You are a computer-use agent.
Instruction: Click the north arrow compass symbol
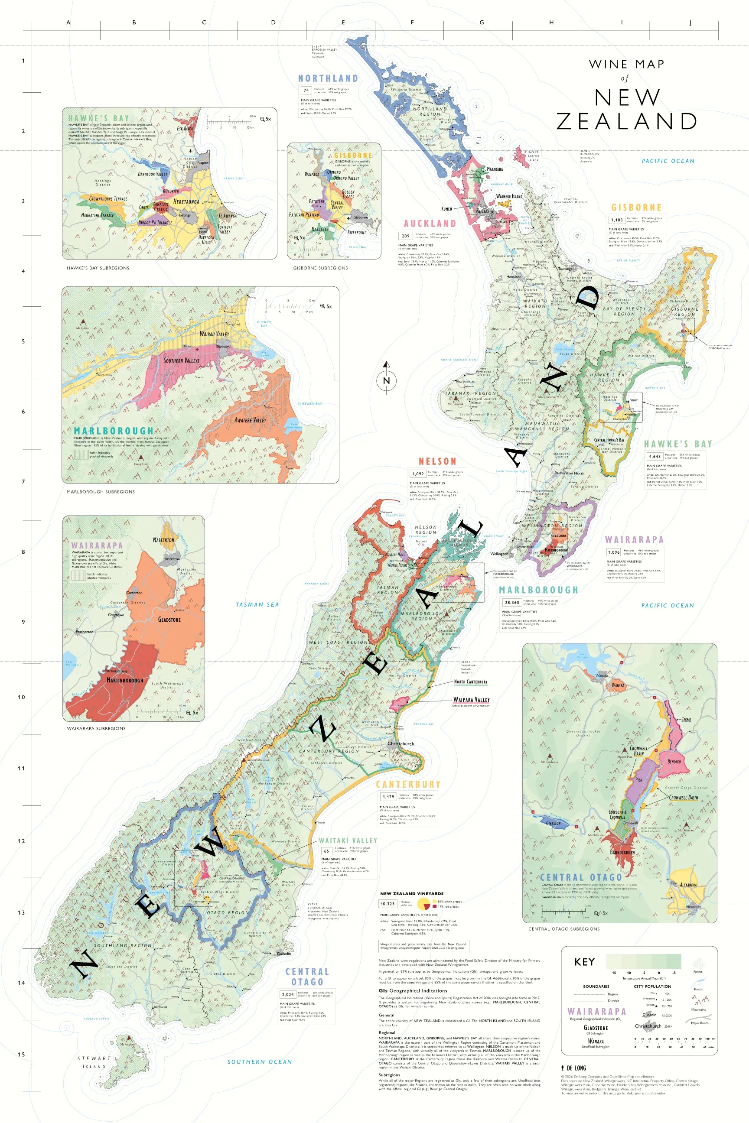click(387, 380)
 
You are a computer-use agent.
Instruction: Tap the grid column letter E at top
click(343, 23)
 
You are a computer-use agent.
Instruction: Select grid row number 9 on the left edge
click(23, 622)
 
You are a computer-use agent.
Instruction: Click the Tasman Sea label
click(257, 604)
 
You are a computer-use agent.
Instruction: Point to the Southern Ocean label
click(259, 1061)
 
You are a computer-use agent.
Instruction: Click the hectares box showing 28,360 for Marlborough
click(512, 602)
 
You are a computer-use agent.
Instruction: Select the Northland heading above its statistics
click(328, 78)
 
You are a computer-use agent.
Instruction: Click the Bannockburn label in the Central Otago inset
click(622, 852)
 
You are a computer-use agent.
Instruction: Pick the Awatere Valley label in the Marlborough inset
click(250, 420)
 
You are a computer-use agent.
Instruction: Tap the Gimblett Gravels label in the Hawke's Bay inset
click(160, 207)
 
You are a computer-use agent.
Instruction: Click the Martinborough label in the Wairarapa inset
click(125, 680)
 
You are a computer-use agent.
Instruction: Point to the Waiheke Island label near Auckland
click(509, 196)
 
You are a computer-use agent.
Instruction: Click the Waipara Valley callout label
click(471, 699)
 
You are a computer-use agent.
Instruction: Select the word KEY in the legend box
click(584, 962)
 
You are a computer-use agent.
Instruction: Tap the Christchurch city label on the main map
click(401, 743)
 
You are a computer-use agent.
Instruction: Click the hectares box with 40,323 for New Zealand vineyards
click(388, 903)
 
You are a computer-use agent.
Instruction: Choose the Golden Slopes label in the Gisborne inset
click(348, 194)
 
